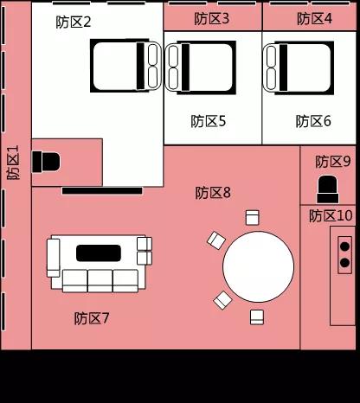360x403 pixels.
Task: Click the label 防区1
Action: point(13,163)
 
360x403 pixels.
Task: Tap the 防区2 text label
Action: point(74,22)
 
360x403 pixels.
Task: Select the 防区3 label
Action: point(211,19)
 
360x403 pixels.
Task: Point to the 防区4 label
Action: point(314,19)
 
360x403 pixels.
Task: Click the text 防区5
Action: point(209,121)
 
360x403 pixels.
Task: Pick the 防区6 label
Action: point(313,121)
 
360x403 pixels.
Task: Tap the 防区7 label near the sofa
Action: point(92,318)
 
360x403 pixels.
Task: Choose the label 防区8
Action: point(213,193)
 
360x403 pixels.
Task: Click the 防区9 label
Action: point(333,162)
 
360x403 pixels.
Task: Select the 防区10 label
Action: point(331,215)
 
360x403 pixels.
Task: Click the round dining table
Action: point(258,266)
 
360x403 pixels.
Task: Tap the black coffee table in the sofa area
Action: point(99,253)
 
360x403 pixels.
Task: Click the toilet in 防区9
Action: point(327,189)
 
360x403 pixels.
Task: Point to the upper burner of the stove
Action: point(344,246)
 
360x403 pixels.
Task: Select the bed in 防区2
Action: point(125,66)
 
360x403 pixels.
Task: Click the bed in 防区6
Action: point(298,68)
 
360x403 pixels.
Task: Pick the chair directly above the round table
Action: point(252,218)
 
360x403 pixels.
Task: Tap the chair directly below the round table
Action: point(257,317)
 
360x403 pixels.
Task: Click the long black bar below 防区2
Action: point(102,190)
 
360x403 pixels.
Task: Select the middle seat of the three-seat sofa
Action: point(100,281)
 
